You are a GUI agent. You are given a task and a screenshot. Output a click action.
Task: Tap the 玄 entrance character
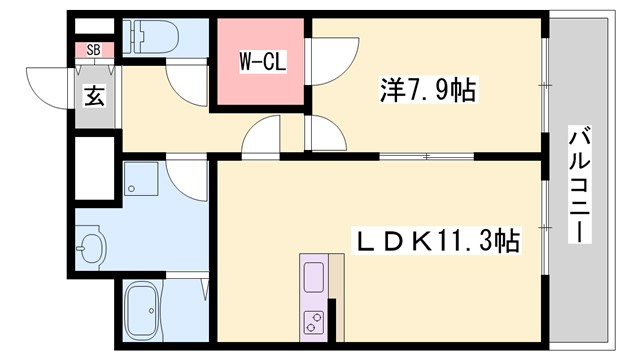(x=93, y=97)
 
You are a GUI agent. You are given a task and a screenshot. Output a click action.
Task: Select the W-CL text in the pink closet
(x=263, y=60)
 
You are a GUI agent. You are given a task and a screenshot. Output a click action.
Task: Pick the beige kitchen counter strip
(x=336, y=290)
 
